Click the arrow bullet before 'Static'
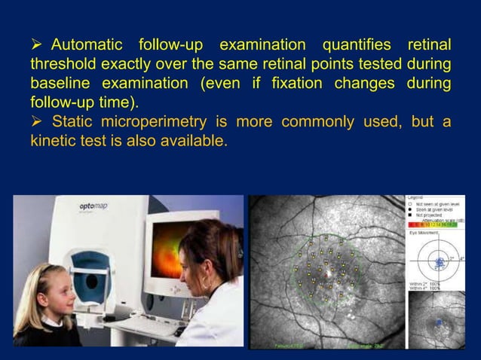click(x=36, y=122)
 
